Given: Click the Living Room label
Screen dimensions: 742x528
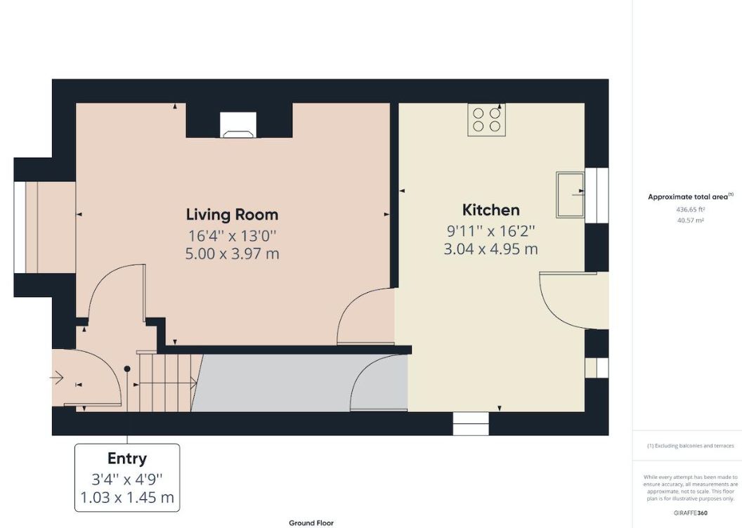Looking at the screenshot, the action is point(232,215).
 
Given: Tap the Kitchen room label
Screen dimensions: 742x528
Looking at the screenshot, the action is point(490,209).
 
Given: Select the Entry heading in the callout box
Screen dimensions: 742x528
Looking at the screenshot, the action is point(126,458).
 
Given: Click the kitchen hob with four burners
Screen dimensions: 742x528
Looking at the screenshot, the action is point(486,119).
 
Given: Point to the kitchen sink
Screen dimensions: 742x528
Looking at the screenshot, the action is point(571,194).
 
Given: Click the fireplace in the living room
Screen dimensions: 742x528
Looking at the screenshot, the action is point(238,125).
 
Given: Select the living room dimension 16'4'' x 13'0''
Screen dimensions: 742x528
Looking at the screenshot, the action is point(232,235).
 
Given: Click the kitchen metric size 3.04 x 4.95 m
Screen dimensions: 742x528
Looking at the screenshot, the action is point(490,249).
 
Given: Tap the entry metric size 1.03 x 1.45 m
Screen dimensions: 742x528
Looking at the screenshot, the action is point(127,497).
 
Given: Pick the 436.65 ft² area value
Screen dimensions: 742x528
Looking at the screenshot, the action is point(691,209).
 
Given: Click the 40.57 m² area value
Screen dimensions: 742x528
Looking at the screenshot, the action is point(691,220).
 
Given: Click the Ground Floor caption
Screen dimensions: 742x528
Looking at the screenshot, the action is point(311,523).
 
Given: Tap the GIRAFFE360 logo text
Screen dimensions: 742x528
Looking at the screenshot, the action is point(691,513).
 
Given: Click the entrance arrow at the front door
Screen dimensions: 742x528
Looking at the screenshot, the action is point(57,377).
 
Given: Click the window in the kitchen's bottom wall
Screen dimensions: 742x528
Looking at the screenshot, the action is point(471,423).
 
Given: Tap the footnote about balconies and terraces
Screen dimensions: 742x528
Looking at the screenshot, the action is point(691,446).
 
